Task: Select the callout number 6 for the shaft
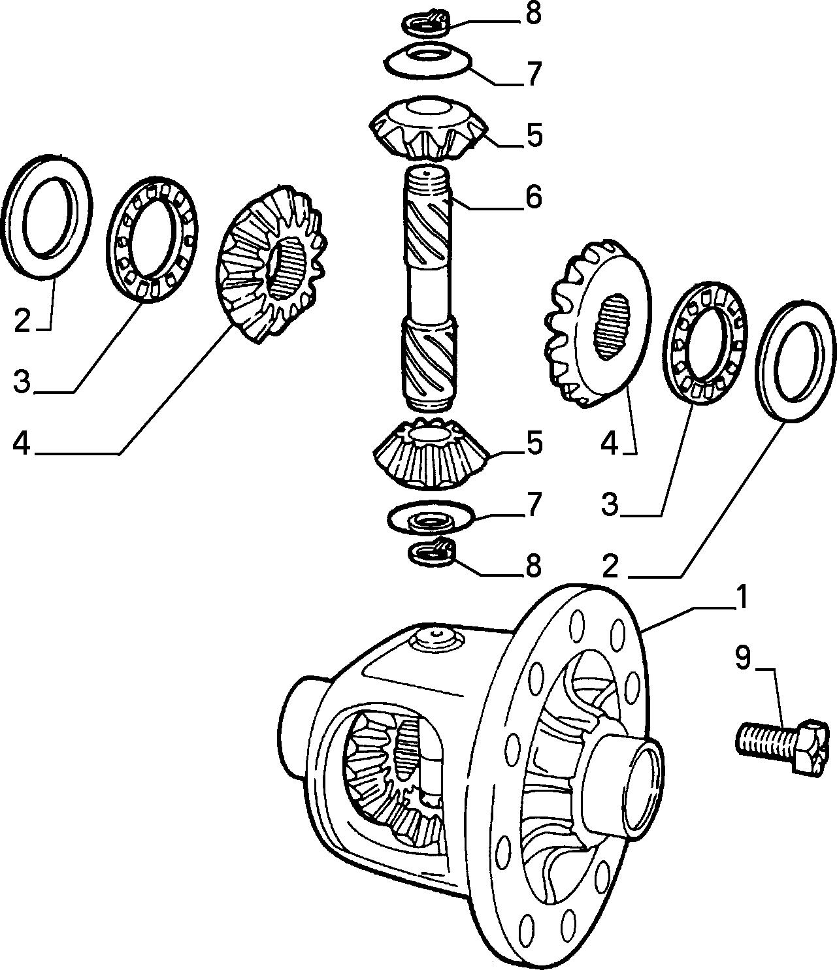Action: coord(533,197)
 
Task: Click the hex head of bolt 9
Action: coord(811,752)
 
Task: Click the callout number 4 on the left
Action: coord(21,443)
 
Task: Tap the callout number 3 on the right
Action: coord(610,504)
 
